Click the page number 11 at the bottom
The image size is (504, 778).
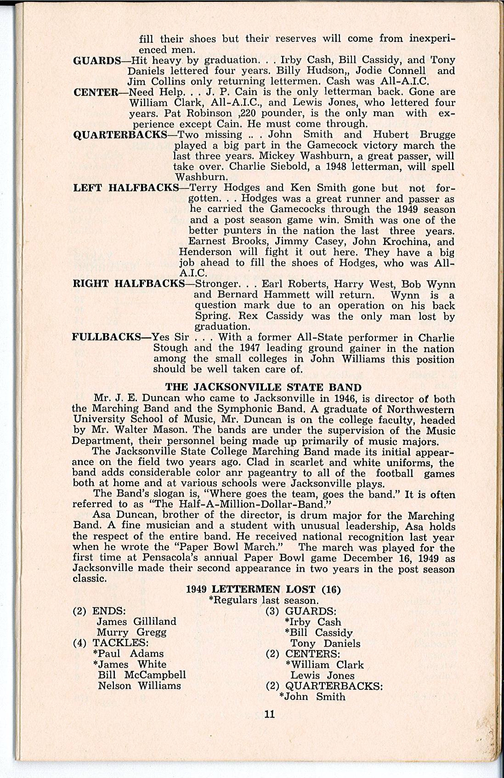(269, 714)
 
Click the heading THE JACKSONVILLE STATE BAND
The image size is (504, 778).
(263, 388)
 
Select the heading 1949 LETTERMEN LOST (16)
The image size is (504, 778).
(263, 590)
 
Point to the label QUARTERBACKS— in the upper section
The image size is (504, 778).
(125, 135)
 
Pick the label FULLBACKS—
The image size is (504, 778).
(112, 338)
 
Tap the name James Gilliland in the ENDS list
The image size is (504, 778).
(136, 621)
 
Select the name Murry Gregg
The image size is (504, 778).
(131, 632)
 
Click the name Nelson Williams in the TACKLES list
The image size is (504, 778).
(139, 686)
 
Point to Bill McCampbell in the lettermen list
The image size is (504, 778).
(142, 675)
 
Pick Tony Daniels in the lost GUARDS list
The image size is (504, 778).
(325, 643)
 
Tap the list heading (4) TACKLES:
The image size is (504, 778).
(110, 642)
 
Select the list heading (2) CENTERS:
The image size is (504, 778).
(303, 653)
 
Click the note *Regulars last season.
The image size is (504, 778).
(263, 600)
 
